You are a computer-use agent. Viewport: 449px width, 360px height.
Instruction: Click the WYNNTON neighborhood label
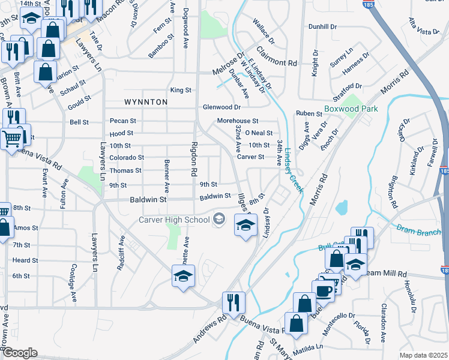point(146,102)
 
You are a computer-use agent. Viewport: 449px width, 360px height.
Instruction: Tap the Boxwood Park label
point(351,109)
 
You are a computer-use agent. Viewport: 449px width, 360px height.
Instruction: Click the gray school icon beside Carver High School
point(218,219)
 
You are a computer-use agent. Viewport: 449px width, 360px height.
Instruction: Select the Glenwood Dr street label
point(221,107)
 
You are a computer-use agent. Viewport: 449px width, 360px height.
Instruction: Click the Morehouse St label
point(237,121)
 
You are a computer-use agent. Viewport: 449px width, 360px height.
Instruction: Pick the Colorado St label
point(127,158)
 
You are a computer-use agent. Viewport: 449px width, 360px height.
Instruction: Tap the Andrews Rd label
point(205,326)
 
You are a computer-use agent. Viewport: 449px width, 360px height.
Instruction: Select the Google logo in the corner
point(20,353)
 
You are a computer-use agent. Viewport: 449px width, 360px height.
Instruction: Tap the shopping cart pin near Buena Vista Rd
point(11,140)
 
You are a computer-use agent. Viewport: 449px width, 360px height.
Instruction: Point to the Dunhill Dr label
point(324,27)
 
